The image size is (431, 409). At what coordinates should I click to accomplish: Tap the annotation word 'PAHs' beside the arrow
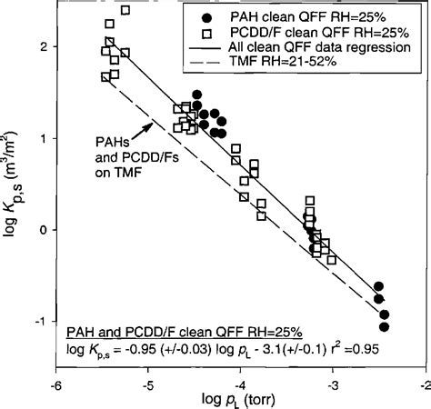[x=113, y=142]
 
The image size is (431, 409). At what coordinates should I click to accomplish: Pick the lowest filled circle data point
[x=385, y=326]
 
